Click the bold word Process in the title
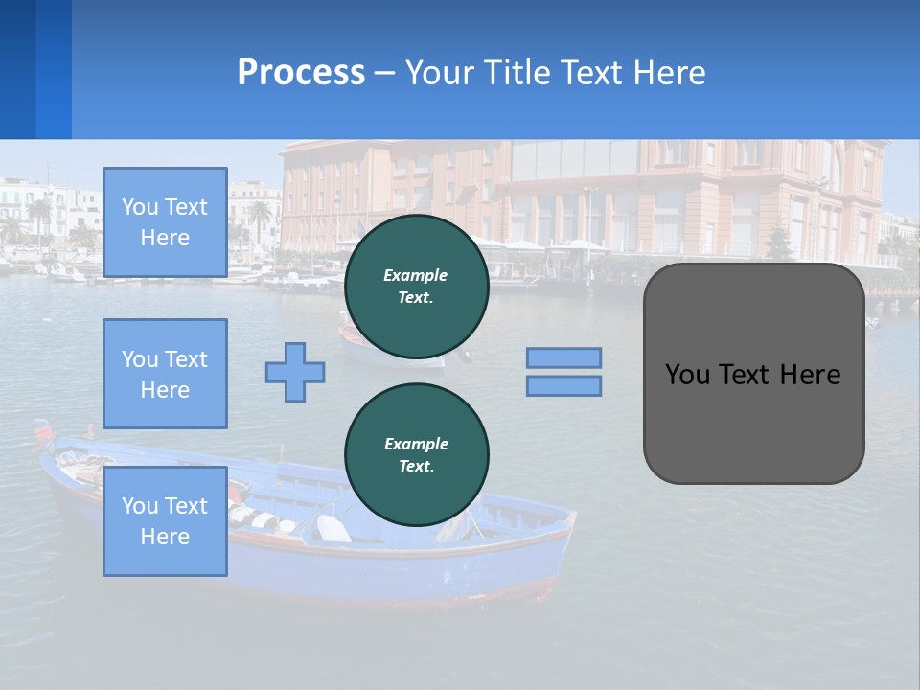coord(301,73)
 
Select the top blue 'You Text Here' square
coord(165,222)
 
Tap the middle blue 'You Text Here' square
coord(165,374)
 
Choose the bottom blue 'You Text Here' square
coord(165,521)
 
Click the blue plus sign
coord(295,372)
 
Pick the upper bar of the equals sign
coord(563,357)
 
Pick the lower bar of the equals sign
coord(563,385)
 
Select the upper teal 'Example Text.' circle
coord(416,287)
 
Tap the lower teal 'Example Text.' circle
coord(416,455)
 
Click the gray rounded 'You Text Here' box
coord(753,422)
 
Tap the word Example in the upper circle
coord(416,275)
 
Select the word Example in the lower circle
coord(416,444)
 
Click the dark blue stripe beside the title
coord(17,69)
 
